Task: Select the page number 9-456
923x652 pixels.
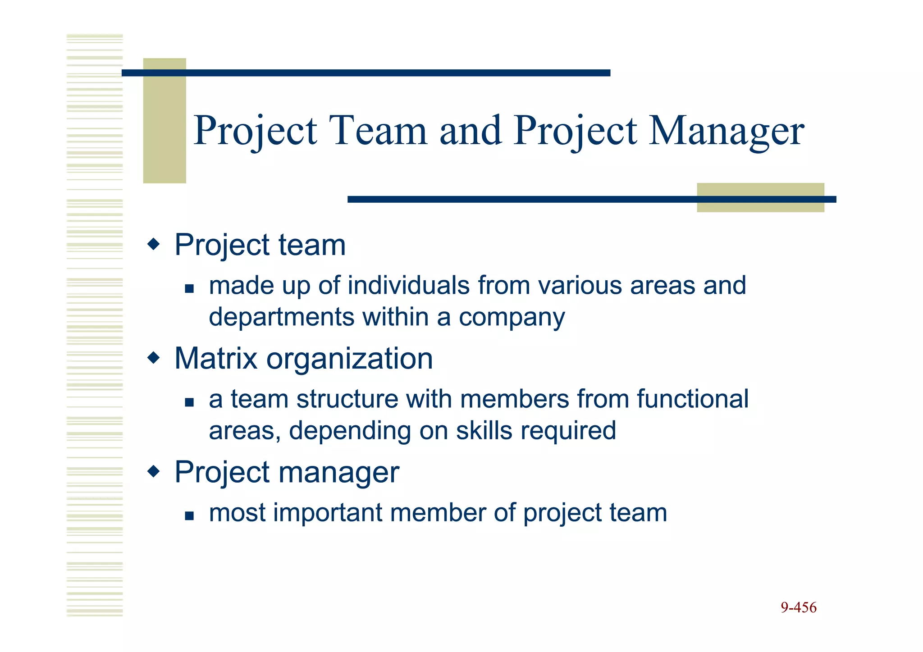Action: click(x=798, y=607)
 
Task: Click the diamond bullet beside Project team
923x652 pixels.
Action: click(x=154, y=245)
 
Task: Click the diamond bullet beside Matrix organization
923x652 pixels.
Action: click(x=154, y=358)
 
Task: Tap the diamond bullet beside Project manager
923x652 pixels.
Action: click(x=154, y=472)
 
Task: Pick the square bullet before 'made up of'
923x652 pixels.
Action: click(x=189, y=288)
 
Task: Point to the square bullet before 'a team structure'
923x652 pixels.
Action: click(x=189, y=402)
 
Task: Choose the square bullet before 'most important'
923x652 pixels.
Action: click(x=189, y=515)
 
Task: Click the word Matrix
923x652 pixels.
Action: click(x=215, y=359)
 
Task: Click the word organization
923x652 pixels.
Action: click(x=349, y=359)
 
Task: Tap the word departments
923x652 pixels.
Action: click(x=281, y=317)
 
